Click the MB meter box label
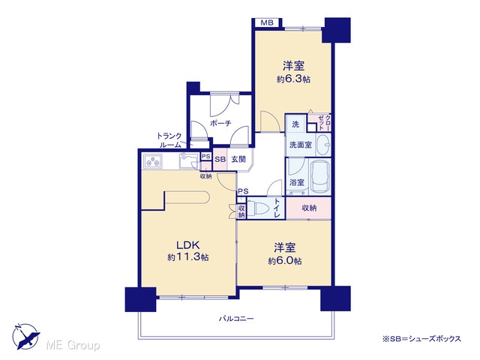click(267, 22)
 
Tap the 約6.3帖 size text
click(293, 79)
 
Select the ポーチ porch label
click(220, 123)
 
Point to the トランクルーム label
click(169, 140)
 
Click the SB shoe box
click(220, 159)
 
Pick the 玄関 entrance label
click(238, 159)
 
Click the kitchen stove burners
click(152, 161)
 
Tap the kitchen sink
click(189, 160)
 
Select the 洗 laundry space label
click(295, 124)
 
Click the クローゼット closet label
click(324, 122)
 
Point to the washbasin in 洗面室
click(323, 144)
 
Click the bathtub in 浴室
click(320, 177)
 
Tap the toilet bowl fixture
click(257, 208)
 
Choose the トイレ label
click(277, 208)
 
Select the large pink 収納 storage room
click(308, 208)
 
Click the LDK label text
click(188, 245)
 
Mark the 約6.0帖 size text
click(285, 261)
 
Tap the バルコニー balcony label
click(236, 319)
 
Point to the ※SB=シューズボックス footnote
click(421, 338)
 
